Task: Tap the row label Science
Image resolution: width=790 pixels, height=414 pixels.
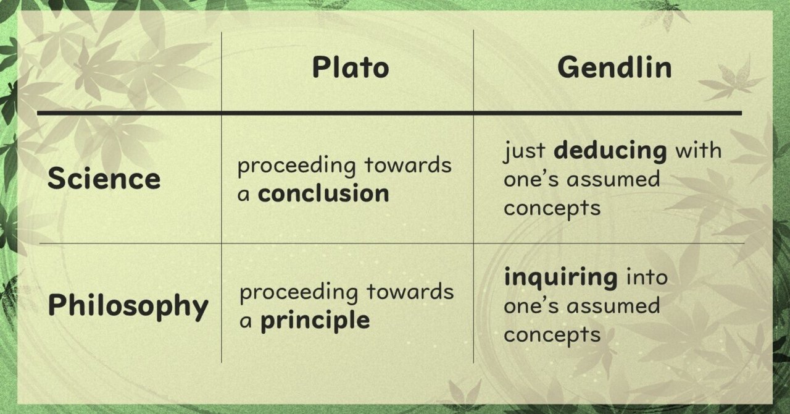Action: [104, 179]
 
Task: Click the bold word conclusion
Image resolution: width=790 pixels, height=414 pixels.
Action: [323, 194]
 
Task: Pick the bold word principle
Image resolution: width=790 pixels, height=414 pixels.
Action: [315, 321]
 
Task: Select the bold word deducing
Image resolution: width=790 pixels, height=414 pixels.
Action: [610, 151]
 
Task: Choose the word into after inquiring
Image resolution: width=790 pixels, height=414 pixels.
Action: [647, 277]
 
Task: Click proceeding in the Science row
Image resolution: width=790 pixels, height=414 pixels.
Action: [297, 166]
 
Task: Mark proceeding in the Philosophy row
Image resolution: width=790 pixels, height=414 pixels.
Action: [299, 292]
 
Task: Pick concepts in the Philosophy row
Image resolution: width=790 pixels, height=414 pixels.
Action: [543, 335]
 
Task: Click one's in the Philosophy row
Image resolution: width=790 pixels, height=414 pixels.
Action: [529, 306]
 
